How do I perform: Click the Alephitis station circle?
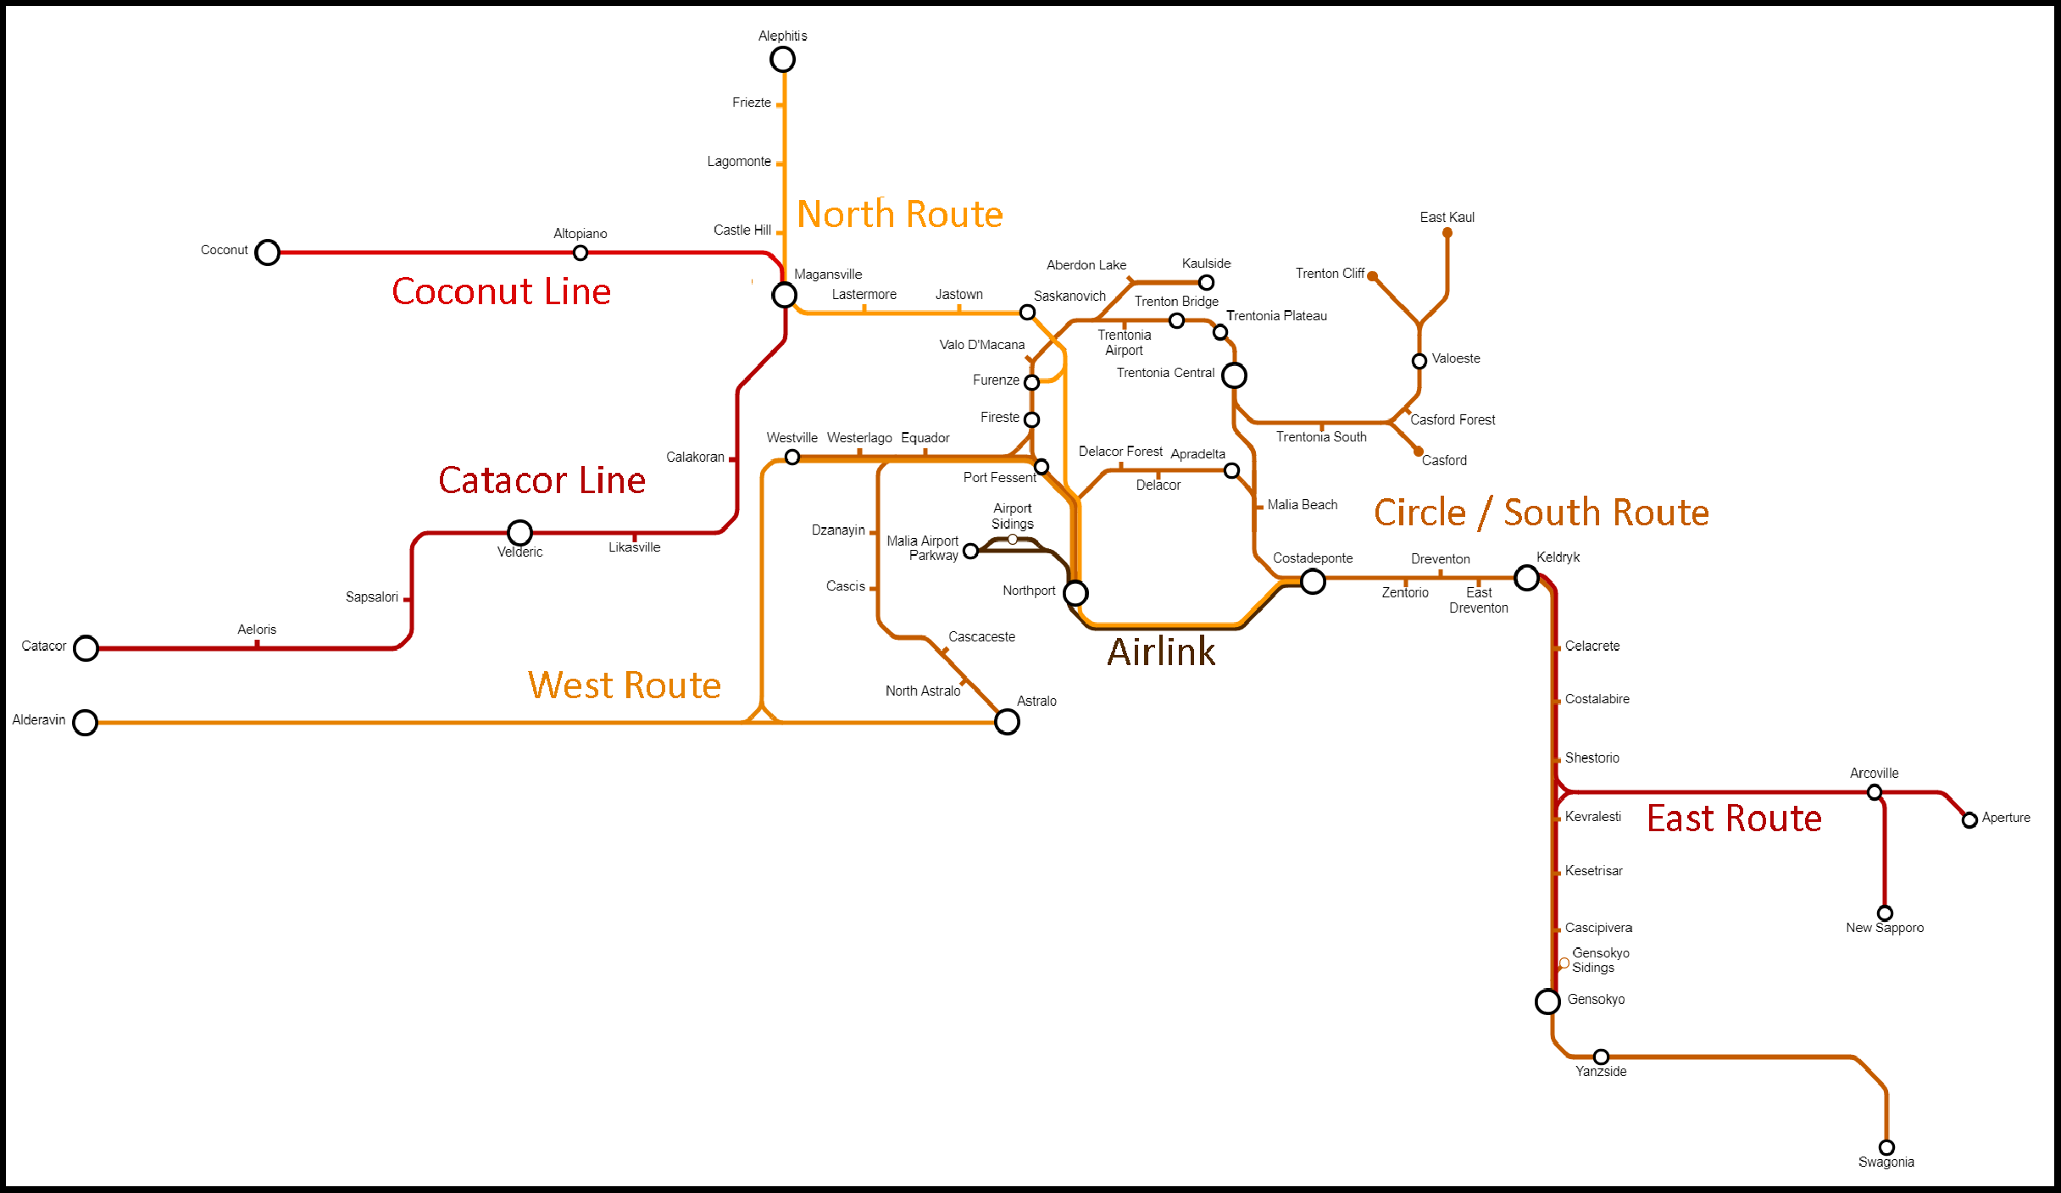click(x=782, y=59)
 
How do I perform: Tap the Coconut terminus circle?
click(x=268, y=252)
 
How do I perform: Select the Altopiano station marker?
click(x=581, y=252)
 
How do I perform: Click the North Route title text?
click(x=900, y=214)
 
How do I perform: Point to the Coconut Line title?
click(x=501, y=291)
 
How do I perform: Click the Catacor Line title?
click(x=542, y=480)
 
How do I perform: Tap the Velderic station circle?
click(x=519, y=533)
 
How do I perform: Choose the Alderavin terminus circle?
click(x=85, y=723)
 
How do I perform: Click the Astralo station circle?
click(x=1007, y=722)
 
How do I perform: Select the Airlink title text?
click(x=1161, y=652)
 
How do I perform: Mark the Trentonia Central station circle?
click(x=1234, y=375)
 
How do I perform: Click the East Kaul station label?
click(x=1447, y=218)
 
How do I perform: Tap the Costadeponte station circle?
click(x=1313, y=581)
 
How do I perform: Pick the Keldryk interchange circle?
click(x=1527, y=579)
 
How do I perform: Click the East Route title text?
click(x=1734, y=818)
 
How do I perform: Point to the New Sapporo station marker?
click(x=1885, y=913)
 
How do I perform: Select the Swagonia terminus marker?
click(x=1886, y=1148)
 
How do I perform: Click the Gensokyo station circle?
click(x=1547, y=1002)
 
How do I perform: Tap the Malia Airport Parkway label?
click(x=923, y=548)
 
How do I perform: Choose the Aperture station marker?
click(x=1969, y=820)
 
